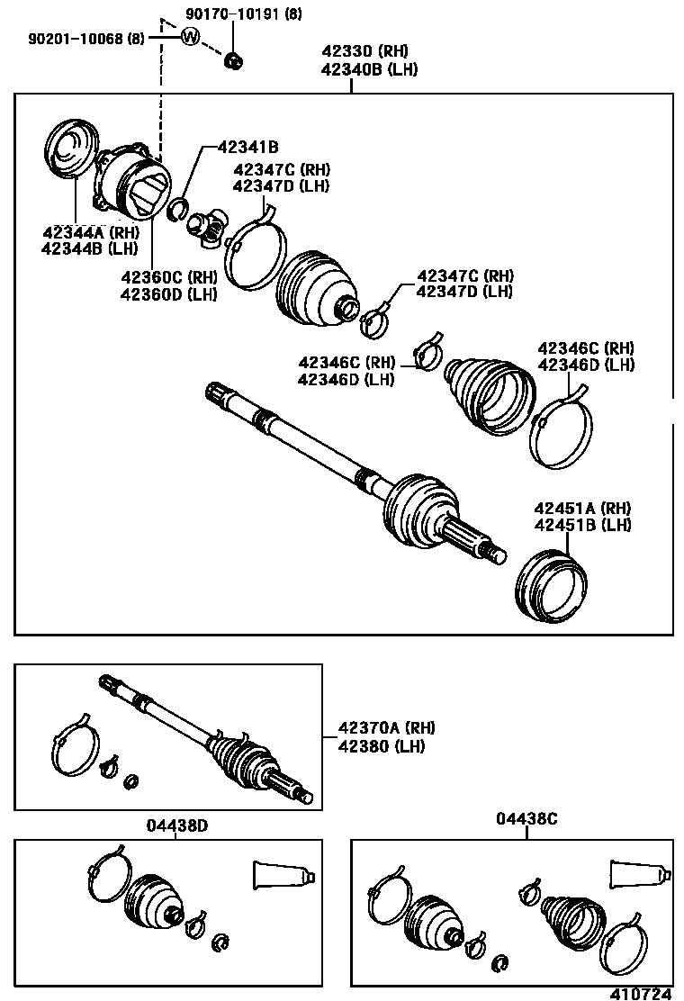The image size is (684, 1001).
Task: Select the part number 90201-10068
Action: point(75,38)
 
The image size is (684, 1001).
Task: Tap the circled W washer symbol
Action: point(190,37)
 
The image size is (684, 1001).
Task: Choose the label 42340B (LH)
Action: point(369,69)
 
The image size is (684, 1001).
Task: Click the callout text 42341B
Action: point(248,147)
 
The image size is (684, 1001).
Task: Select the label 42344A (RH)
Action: point(90,232)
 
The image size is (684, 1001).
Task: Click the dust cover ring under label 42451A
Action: point(552,589)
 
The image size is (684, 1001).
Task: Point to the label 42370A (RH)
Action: point(386,728)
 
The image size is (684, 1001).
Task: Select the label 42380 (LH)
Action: point(382,746)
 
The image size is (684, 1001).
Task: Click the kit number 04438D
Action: point(173,824)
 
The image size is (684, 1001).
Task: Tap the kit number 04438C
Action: point(526,818)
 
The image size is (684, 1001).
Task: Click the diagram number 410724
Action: point(642,992)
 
